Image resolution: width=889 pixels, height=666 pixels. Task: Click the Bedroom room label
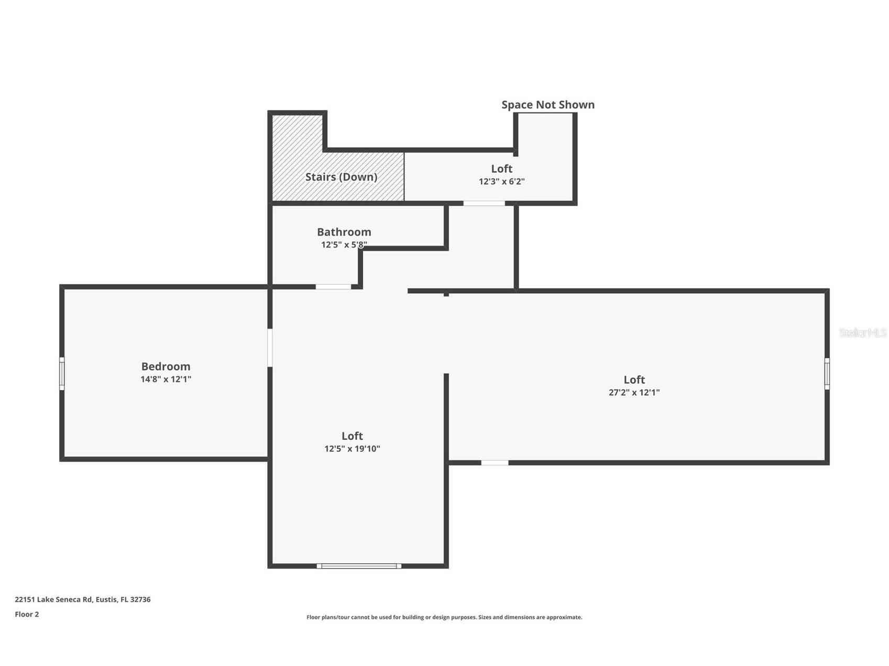(166, 367)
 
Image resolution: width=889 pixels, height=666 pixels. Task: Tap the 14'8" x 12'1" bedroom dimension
(166, 379)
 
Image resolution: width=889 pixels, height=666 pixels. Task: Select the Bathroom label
(344, 232)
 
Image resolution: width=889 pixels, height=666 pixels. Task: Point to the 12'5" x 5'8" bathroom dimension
(344, 245)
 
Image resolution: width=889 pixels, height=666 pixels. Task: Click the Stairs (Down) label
(341, 177)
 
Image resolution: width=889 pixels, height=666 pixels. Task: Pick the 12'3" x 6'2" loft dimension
(501, 182)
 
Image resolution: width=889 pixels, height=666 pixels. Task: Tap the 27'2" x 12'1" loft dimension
(634, 392)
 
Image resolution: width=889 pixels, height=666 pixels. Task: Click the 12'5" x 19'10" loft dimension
(352, 449)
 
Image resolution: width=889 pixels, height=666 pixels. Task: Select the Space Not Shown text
(548, 105)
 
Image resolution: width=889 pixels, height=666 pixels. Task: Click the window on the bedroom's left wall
(62, 373)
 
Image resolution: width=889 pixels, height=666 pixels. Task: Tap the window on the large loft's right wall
(827, 373)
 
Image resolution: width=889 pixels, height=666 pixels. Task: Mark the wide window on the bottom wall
(359, 566)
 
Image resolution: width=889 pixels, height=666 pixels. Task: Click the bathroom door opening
(333, 287)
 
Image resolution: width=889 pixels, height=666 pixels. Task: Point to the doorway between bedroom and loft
(270, 348)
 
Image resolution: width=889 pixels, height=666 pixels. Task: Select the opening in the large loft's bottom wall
(495, 463)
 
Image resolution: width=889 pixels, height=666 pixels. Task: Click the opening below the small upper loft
(484, 203)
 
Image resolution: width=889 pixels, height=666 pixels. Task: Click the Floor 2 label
(27, 614)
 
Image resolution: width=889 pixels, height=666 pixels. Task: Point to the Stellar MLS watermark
(863, 333)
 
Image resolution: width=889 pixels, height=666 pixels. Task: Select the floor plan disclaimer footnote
(444, 617)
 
